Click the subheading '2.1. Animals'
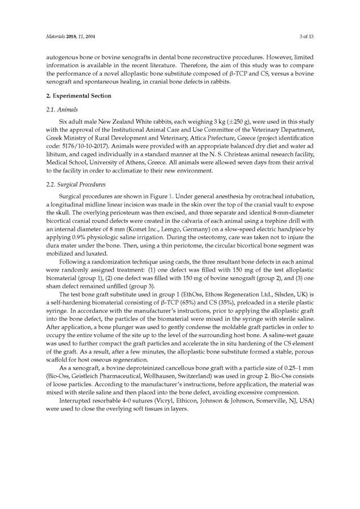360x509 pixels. coord(62,109)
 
